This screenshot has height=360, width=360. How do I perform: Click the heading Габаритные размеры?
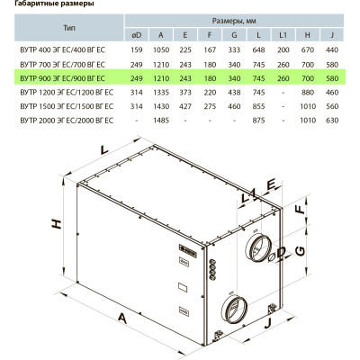click(54, 4)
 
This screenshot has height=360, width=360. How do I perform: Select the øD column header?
click(137, 35)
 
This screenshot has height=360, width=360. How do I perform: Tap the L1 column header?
click(283, 35)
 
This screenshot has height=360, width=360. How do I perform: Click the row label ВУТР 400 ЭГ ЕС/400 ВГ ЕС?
click(63, 49)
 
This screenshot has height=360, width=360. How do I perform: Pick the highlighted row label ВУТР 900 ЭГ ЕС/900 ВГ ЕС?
click(63, 78)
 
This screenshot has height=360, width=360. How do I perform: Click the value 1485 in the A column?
click(161, 121)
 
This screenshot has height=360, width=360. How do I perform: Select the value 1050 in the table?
click(161, 49)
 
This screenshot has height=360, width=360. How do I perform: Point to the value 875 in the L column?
click(258, 121)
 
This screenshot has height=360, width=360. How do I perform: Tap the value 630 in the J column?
click(332, 121)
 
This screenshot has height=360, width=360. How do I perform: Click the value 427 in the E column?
click(185, 106)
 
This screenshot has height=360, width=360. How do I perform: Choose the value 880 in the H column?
click(308, 93)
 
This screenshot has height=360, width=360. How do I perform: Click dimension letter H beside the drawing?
click(57, 224)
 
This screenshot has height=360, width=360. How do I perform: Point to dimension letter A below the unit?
click(122, 318)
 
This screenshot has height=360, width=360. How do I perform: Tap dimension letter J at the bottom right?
click(268, 322)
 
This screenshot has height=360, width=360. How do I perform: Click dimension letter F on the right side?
click(300, 209)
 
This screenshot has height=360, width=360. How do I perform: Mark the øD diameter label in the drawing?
click(278, 254)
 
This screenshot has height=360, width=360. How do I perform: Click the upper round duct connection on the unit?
click(258, 247)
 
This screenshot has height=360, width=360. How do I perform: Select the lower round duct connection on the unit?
click(234, 309)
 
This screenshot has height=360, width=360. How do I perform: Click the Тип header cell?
click(69, 28)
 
